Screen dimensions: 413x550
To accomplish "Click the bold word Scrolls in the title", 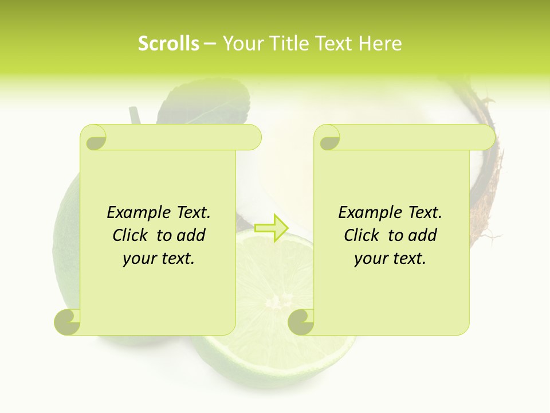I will [x=169, y=44].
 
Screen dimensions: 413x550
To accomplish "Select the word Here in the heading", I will [x=380, y=44].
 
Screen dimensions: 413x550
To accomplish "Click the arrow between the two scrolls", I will [x=272, y=228].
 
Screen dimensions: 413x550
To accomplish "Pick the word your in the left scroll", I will [x=138, y=259].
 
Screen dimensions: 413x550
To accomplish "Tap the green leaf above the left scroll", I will [x=212, y=106].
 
